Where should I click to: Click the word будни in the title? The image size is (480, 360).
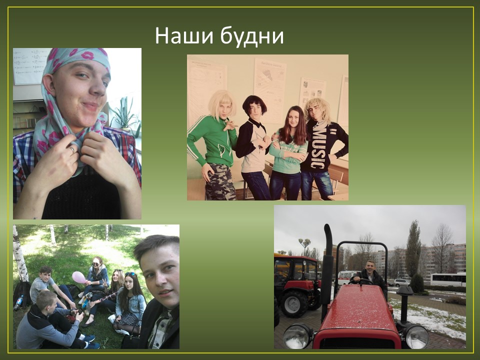pos(252,36)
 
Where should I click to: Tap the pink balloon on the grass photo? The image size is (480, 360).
pos(79,277)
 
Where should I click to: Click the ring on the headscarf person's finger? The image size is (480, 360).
pos(71,149)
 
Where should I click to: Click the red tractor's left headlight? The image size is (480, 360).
pos(296,336)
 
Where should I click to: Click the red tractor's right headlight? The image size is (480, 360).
pos(416,336)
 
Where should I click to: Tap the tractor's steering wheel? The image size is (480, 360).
pos(361,281)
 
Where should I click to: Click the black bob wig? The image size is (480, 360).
pos(254,104)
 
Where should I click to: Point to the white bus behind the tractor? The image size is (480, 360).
pos(448,279)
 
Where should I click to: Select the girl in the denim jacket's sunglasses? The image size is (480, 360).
pos(130,273)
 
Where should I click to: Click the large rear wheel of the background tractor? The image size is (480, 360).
pos(293,303)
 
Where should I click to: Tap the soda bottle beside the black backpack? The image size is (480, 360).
pos(18,303)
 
